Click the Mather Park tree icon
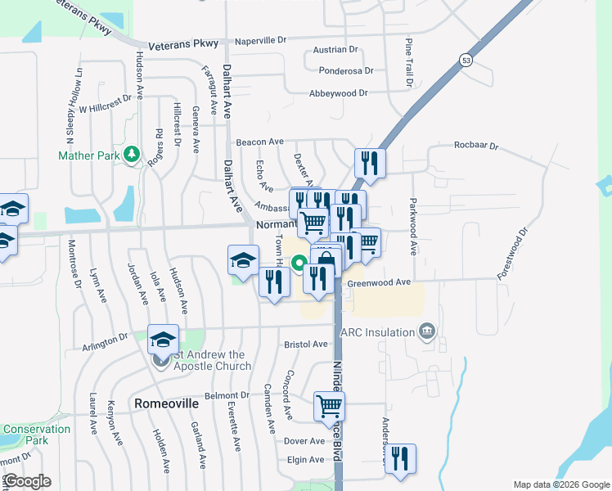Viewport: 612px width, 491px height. (130, 155)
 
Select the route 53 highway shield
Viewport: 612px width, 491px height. (466, 61)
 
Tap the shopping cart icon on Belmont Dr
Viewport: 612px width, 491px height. (329, 406)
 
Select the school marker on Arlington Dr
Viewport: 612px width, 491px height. (163, 340)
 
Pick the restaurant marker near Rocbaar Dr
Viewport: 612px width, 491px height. (370, 163)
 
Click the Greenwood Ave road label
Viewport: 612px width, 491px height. (379, 282)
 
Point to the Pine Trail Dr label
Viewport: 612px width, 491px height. (408, 64)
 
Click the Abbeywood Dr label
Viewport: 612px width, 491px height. (338, 93)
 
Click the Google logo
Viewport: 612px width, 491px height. (27, 481)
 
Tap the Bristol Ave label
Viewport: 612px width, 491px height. (305, 345)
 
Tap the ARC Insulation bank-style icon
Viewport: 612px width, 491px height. (425, 331)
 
